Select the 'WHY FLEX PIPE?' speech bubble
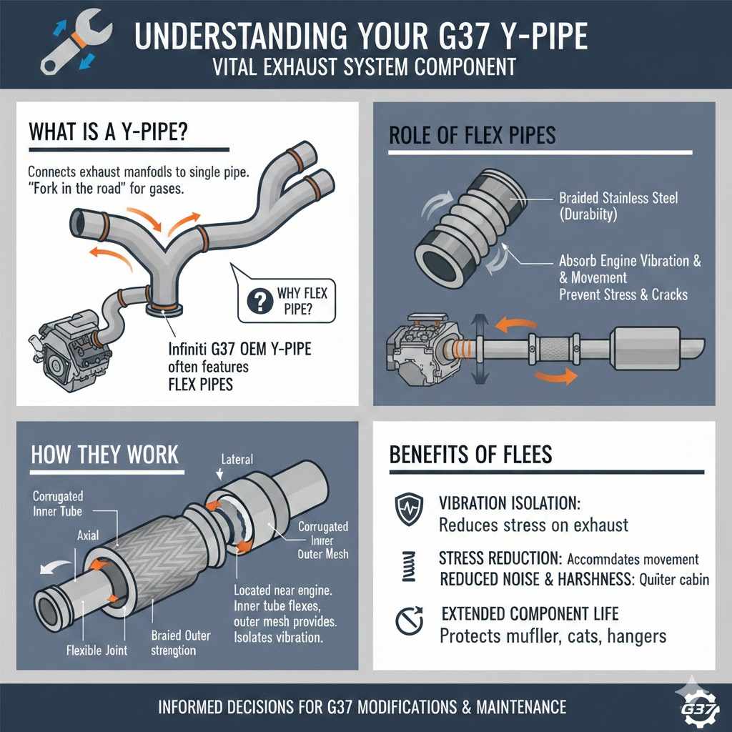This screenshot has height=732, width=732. pos(287,301)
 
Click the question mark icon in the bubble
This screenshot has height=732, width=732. pos(255,302)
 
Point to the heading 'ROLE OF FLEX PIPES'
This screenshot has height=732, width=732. pos(471,136)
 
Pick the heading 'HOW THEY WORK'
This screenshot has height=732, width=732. pos(105,454)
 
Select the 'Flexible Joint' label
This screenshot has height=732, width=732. pos(97,650)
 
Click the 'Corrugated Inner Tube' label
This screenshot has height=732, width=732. pos(58,503)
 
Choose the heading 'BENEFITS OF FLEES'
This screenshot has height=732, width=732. pos(471,454)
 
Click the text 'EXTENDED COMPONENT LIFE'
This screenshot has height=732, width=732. pos(530,613)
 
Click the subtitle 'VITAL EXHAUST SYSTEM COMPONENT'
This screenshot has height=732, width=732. pos(365,68)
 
